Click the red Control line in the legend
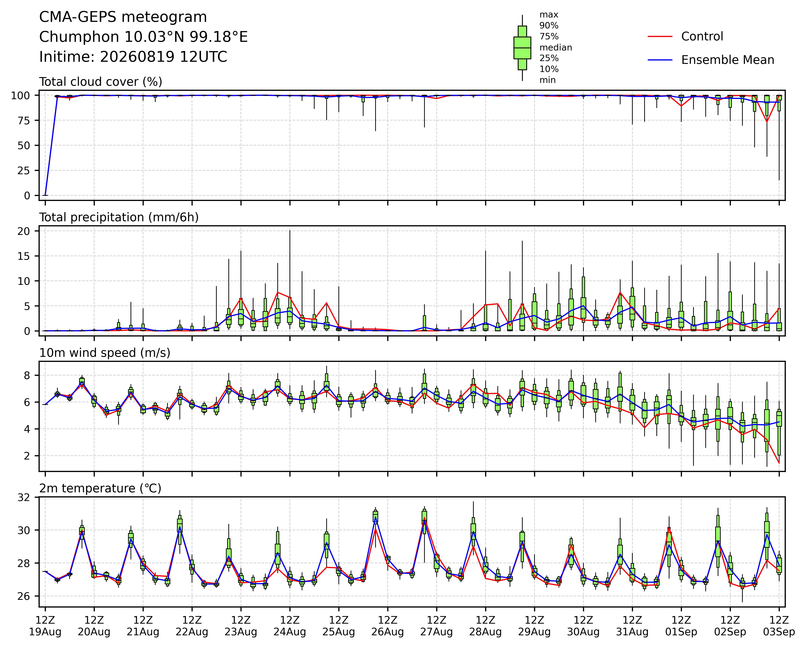(x=660, y=37)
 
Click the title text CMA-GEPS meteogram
(x=123, y=17)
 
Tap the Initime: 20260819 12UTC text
(x=133, y=57)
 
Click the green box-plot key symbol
(x=522, y=48)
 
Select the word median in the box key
(x=556, y=47)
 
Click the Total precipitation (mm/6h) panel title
(x=119, y=217)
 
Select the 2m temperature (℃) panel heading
(x=100, y=488)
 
